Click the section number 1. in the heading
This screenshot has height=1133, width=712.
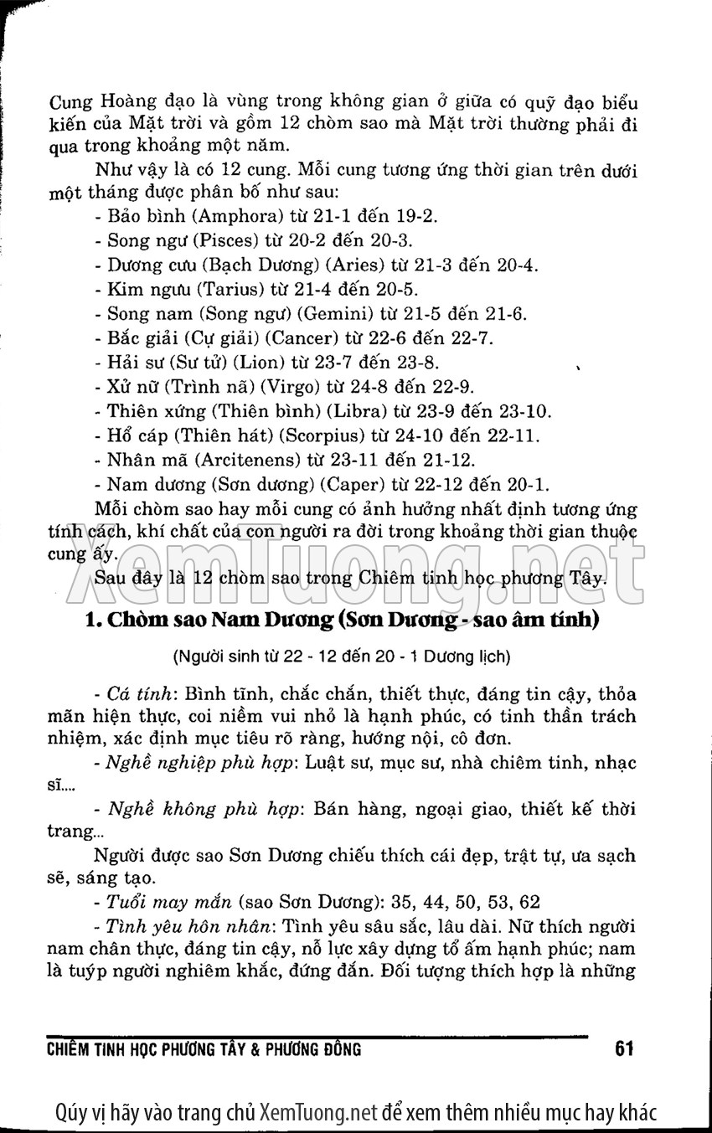pyautogui.click(x=94, y=621)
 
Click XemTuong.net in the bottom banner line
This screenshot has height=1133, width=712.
pyautogui.click(x=320, y=1112)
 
